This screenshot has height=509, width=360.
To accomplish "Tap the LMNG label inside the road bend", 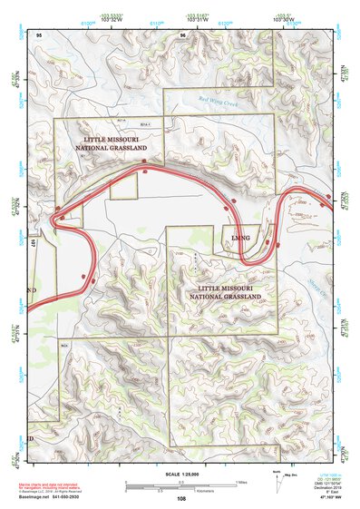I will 240,239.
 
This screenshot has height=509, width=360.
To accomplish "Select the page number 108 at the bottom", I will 181,498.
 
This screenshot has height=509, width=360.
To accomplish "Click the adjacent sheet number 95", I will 39,34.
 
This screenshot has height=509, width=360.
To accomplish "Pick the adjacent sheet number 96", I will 183,34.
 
